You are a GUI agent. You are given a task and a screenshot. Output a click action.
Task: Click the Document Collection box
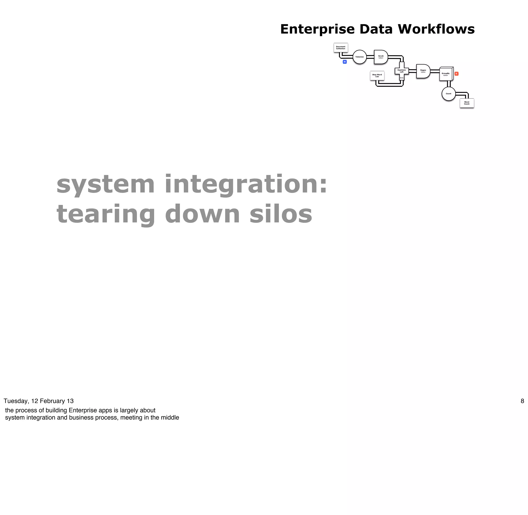coord(341,48)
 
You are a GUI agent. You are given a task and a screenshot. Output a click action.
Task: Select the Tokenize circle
coord(359,57)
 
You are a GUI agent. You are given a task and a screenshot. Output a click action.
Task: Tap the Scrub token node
coord(381,57)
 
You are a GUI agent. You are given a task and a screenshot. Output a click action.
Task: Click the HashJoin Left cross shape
coord(401,71)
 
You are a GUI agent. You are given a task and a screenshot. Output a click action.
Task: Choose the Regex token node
coord(423,71)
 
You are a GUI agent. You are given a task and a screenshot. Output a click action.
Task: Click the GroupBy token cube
coord(446,74)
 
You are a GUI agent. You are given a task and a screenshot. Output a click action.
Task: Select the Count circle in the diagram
coord(448,94)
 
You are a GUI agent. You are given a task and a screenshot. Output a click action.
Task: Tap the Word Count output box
coord(467,103)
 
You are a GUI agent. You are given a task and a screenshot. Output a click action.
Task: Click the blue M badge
coord(344,62)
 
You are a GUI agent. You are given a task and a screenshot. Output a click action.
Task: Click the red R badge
coord(456,74)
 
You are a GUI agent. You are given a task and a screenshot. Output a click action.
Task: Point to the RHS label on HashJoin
coord(401,78)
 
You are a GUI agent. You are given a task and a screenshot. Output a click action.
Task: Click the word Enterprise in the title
coord(317,29)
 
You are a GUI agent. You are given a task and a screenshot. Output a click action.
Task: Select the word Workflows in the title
coord(436,29)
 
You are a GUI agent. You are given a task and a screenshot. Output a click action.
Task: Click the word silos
coord(281,214)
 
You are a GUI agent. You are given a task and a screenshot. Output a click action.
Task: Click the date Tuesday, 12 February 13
coord(38,401)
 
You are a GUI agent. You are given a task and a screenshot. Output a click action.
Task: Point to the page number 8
coord(522,401)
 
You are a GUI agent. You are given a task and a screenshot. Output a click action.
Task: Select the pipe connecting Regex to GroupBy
coord(435,71)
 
